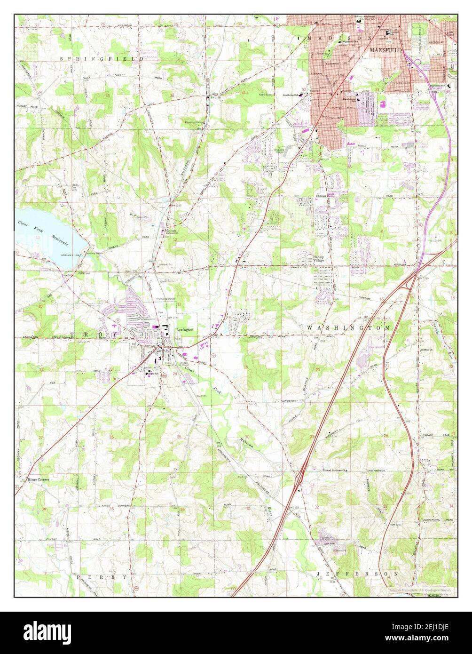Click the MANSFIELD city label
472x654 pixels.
386,49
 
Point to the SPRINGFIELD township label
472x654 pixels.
102,59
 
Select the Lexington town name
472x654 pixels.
185,330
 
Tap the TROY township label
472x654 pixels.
93,334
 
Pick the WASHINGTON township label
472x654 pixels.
348,327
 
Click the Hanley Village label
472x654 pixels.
319,259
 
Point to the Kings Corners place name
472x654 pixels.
39,479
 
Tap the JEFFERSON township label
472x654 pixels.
357,574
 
